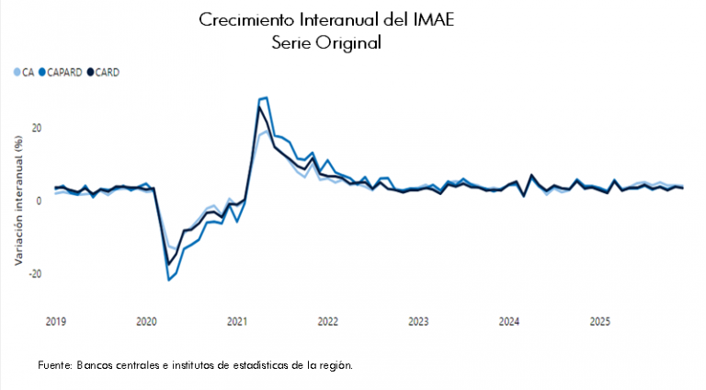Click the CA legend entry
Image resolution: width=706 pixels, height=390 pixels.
(28, 72)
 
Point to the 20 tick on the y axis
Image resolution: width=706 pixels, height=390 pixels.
(37, 128)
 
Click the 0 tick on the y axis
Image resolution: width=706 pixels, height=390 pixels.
(40, 201)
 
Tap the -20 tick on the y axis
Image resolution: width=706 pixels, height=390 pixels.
(35, 274)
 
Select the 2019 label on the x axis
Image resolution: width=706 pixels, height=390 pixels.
(56, 322)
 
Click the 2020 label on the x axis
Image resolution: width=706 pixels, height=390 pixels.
(147, 322)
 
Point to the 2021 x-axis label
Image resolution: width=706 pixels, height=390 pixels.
(237, 322)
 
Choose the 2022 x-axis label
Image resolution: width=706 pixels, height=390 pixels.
(328, 322)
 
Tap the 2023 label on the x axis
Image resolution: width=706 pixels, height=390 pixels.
(418, 322)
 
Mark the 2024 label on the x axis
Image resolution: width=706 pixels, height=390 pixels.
(509, 322)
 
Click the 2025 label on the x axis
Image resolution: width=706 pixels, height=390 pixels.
(599, 322)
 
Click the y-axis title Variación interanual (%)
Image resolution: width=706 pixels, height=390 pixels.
(18, 199)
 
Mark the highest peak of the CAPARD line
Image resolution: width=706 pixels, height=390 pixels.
(266, 97)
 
